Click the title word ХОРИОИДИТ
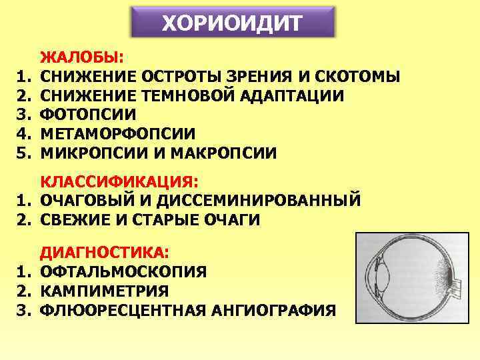(x=231, y=25)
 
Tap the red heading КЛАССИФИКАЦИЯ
(x=120, y=181)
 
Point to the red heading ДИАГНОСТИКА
(x=105, y=253)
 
